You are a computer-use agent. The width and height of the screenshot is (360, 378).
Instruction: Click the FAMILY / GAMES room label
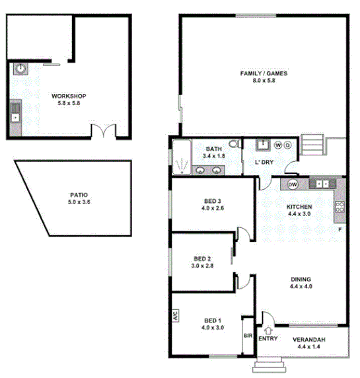(263, 73)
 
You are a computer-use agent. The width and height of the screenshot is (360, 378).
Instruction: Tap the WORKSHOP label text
(69, 96)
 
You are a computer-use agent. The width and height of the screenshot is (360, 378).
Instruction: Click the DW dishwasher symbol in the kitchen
(293, 184)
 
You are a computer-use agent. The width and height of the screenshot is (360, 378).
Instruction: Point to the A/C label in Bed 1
(176, 316)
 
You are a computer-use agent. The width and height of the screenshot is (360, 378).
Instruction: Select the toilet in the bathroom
(233, 145)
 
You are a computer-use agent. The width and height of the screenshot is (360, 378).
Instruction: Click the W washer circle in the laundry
(278, 145)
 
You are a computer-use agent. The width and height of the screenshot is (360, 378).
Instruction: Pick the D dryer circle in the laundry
(287, 145)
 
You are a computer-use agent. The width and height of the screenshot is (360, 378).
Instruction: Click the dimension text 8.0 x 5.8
(263, 81)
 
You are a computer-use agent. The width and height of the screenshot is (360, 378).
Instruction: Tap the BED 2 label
(202, 258)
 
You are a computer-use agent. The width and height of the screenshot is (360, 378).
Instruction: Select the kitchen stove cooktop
(340, 207)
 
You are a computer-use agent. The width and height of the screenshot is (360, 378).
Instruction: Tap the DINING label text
(300, 278)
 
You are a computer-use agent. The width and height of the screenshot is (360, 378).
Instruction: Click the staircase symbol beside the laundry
(314, 143)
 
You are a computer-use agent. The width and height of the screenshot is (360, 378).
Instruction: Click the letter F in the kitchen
(340, 229)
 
